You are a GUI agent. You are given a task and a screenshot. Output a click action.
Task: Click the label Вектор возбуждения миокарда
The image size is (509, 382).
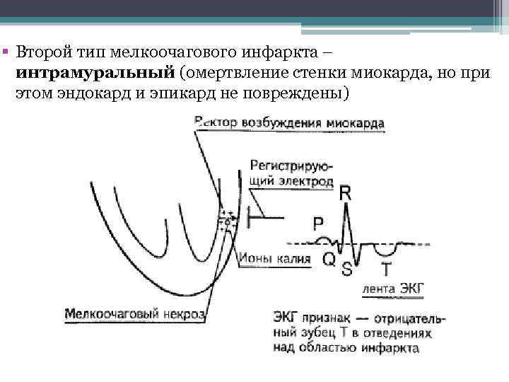tap(289, 123)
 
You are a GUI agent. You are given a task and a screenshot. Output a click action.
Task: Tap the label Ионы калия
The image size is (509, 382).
tap(275, 259)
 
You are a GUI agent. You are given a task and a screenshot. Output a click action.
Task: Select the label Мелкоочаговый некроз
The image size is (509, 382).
tap(134, 313)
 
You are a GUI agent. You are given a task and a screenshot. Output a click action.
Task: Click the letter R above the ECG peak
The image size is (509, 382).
tap(345, 191)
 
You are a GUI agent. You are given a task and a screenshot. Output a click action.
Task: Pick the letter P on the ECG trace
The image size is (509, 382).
tap(318, 224)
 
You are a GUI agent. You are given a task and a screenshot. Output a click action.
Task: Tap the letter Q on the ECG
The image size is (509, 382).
tap(329, 260)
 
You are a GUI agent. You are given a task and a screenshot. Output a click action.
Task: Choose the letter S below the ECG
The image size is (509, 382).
tap(347, 269)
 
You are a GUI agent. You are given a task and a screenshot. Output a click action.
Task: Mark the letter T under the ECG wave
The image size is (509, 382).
tap(386, 269)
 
